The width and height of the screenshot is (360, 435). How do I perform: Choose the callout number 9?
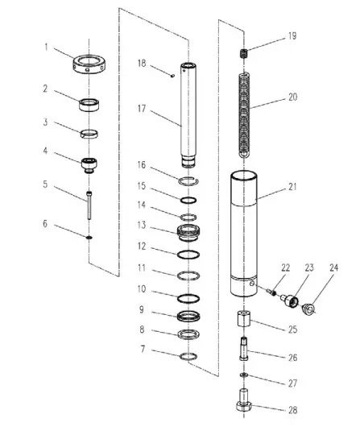[143, 309]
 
